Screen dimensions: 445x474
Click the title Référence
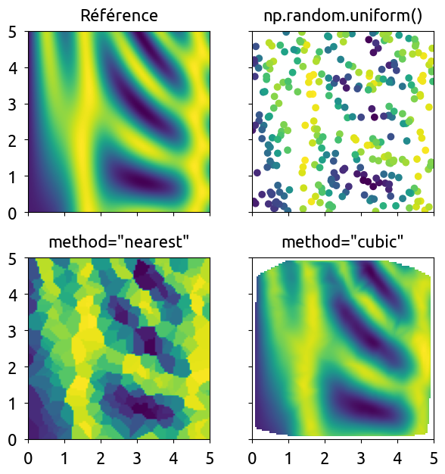point(119,15)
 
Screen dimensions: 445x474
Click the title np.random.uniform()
point(343,16)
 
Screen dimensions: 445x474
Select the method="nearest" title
point(119,242)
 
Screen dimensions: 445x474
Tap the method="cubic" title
point(343,242)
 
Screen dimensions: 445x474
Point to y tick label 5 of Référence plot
point(12,32)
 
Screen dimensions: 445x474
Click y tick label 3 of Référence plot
point(12,104)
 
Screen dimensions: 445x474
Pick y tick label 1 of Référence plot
point(12,177)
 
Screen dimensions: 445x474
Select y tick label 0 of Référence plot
point(12,214)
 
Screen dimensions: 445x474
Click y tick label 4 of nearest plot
point(12,295)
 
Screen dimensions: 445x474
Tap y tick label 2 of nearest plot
point(12,367)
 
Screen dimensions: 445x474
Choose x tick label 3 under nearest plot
point(137,459)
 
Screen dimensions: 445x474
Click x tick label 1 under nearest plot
point(64,459)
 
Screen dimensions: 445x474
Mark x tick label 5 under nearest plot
point(210,459)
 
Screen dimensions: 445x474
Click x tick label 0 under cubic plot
point(253,459)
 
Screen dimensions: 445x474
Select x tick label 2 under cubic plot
point(325,459)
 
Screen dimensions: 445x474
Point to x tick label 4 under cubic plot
point(397,459)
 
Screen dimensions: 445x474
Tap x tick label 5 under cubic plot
point(434,459)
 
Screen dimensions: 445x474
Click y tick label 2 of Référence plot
point(12,141)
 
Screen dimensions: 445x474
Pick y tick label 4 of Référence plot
point(12,68)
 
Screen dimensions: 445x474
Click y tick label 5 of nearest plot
point(12,259)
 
